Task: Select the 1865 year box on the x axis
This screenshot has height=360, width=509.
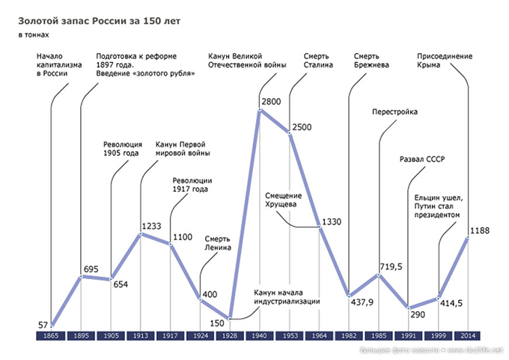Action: coord(51,338)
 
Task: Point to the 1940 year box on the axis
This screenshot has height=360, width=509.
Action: coord(260,338)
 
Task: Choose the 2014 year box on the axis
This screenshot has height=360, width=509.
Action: coord(469,338)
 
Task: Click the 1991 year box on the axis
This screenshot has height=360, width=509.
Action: coord(409,338)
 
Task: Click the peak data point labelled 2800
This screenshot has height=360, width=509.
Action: coord(260,110)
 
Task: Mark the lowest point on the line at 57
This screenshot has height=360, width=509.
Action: coord(51,326)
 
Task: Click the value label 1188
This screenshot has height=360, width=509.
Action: coord(480,231)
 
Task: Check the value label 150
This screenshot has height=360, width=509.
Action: coord(217,323)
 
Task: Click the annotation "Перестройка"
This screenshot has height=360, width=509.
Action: coord(394,112)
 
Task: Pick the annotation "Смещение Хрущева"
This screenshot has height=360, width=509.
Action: coord(282,200)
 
